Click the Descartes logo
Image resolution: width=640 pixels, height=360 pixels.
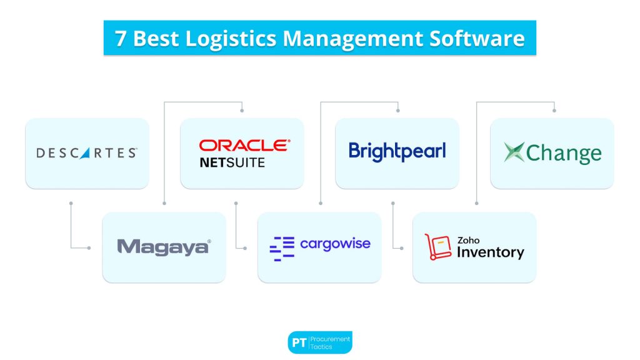(87, 152)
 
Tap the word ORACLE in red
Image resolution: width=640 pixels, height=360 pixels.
(244, 145)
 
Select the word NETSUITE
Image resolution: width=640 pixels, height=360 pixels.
(232, 162)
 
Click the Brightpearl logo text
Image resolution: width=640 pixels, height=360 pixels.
(397, 151)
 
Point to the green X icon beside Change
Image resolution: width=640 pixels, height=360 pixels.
(514, 152)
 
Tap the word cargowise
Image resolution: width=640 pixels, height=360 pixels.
(335, 243)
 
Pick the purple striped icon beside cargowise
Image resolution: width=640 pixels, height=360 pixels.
(281, 248)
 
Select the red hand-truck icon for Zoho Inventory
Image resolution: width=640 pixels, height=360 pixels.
(437, 247)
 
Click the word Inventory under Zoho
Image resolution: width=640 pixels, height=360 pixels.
(490, 252)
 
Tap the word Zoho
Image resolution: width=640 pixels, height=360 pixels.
(468, 239)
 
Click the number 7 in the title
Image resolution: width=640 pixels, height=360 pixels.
(120, 38)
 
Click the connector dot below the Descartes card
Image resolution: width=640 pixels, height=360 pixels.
(71, 203)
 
